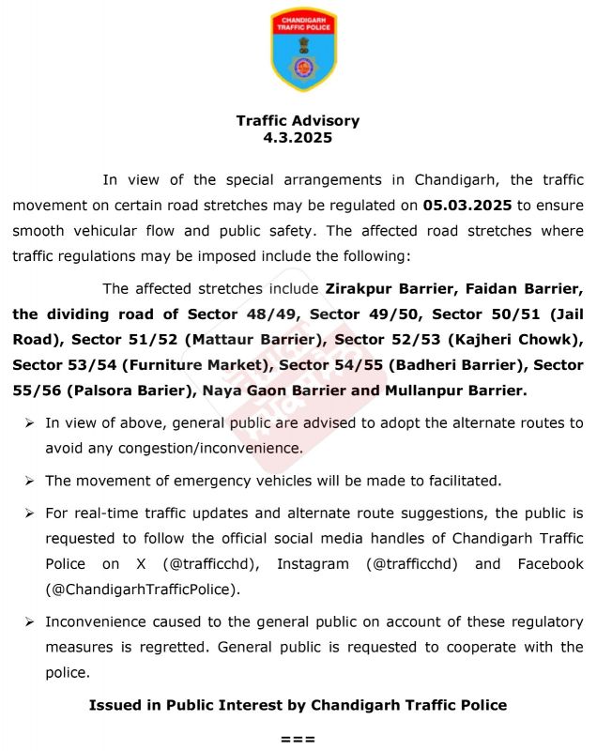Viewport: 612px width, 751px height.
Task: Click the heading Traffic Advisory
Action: pos(298,121)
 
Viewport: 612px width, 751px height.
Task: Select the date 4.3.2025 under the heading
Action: pos(298,137)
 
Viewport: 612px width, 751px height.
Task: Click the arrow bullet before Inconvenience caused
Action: pos(30,622)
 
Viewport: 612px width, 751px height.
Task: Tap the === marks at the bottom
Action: pos(298,739)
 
